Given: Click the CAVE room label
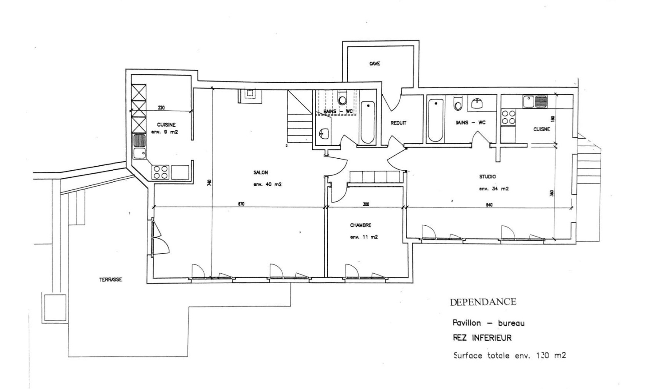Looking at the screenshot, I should coord(374,64).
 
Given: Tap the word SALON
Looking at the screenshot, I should coord(260,172).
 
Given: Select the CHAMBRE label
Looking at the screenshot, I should coord(360,225).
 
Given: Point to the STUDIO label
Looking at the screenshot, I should coord(487,177).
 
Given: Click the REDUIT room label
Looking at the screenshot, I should coord(398,123).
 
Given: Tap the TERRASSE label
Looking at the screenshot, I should coord(110,279).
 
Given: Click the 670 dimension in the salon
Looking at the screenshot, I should coord(241,204).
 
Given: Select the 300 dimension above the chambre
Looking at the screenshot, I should coord(366,204).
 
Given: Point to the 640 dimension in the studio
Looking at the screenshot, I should coord(489,204).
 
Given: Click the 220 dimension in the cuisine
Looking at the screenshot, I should coord(161,107).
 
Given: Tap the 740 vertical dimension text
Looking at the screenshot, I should coord(209,182).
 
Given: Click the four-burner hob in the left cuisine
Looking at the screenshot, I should coord(161,172).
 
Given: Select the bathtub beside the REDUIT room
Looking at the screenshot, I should coord(368,122).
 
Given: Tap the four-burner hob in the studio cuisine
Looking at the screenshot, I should coord(508,117).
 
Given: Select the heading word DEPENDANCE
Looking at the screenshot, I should coord(483,302).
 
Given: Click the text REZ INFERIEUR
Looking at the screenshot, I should coord(482,338).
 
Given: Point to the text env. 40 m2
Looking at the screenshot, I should coord(267,184).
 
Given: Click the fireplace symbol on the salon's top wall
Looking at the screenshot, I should coord(250,95).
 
